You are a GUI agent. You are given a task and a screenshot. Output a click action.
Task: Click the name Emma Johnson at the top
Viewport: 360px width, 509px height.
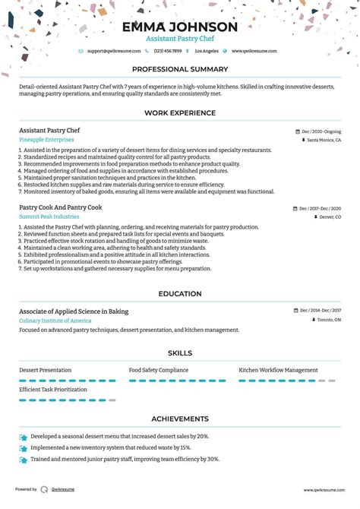[179, 27]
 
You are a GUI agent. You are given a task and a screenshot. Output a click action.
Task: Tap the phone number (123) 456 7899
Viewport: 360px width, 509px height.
[169, 51]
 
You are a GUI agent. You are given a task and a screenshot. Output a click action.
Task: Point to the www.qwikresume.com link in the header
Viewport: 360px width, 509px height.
[254, 51]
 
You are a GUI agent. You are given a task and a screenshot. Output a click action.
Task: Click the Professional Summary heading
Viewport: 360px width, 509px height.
[179, 69]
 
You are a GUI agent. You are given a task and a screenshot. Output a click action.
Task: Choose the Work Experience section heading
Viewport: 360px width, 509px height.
[179, 113]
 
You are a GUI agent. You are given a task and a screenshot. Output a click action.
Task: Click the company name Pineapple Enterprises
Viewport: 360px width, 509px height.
[46, 140]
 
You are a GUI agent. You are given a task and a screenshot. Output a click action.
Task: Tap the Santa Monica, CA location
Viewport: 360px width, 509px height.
[324, 141]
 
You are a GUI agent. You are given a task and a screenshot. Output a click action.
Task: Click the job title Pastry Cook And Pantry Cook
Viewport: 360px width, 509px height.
[60, 207]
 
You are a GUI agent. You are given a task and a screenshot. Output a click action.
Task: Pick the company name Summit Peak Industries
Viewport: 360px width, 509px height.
[49, 217]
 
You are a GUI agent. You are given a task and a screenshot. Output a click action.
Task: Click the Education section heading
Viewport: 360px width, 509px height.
[179, 294]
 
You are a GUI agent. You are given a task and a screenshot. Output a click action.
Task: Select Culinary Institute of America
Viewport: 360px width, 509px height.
[56, 321]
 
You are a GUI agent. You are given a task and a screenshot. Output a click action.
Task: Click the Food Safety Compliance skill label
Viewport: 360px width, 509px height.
[159, 370]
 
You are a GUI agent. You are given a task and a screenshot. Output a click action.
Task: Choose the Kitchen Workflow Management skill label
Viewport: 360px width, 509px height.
[278, 370]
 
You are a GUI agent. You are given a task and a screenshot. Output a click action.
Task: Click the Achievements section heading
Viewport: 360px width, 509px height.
[179, 419]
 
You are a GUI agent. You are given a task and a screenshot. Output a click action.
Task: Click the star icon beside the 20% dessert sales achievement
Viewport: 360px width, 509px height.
[23, 438]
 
